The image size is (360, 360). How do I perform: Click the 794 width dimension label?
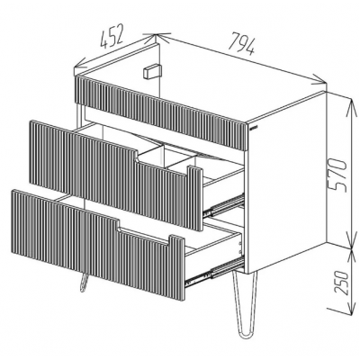(242, 45)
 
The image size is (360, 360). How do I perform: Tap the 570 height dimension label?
(337, 175)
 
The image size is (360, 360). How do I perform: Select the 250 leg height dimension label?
(341, 283)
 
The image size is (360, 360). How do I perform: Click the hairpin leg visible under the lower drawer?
(84, 283)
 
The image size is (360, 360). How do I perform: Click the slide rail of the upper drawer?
(223, 204)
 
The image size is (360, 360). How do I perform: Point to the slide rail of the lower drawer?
(214, 271)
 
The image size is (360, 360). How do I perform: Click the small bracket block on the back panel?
(152, 71)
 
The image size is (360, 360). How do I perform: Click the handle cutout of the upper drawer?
(165, 166)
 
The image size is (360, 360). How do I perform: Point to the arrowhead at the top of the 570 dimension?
(350, 104)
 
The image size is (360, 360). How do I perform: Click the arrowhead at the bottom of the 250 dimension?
(350, 309)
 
